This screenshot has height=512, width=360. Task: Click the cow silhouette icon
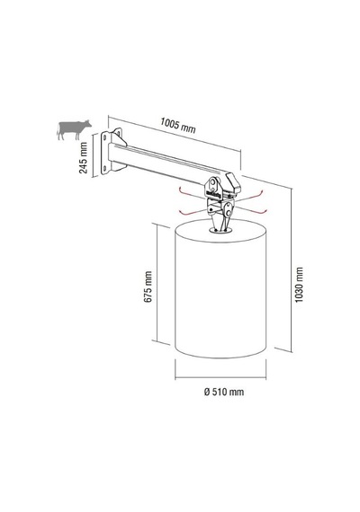(x=74, y=129)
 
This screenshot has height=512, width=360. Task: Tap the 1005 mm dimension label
(x=178, y=126)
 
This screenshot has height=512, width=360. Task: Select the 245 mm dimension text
(x=84, y=158)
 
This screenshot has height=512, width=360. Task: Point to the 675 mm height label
(x=148, y=287)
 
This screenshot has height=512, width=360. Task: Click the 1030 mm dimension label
(x=299, y=285)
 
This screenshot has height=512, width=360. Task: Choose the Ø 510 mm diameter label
(x=224, y=392)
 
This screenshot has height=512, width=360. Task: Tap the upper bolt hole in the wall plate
(x=105, y=137)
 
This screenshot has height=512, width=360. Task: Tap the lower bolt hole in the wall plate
(x=104, y=168)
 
